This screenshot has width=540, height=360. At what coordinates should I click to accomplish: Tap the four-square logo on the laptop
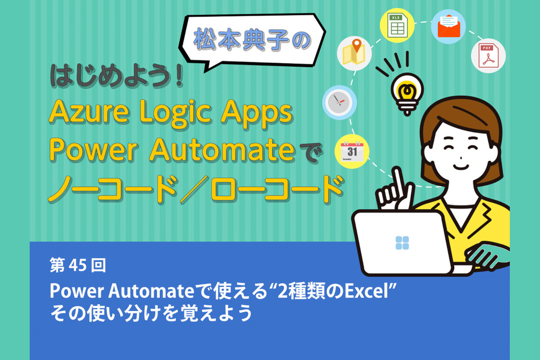coord(401,243)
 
